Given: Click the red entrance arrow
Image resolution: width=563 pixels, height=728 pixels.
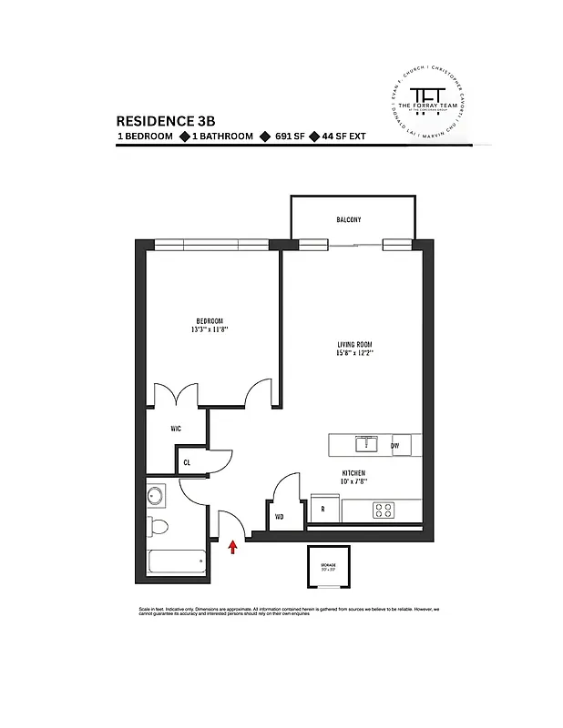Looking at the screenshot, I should pos(232,546).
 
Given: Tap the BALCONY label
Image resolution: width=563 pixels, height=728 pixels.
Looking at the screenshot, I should pos(348,220).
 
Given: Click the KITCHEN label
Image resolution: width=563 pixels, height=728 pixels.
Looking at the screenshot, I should pos(353,474).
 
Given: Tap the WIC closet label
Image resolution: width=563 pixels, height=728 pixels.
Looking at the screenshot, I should pos(177,428).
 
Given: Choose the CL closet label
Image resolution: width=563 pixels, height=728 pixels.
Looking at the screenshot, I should pos(187,462).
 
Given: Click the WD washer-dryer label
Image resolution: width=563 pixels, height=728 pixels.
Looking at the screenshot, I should pos(280,516).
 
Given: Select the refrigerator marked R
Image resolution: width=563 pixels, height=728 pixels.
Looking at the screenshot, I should pos(322,511).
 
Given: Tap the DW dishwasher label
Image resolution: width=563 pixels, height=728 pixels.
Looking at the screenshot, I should pos(394,446).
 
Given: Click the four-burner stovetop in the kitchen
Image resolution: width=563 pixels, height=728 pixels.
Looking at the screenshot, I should pos(383,511).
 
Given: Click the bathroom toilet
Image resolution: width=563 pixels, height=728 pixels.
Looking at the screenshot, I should pos(160,525).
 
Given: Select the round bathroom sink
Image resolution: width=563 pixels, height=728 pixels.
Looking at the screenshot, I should pos(157,496).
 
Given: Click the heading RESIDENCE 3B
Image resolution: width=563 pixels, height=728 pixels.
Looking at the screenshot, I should pos(166,120).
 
